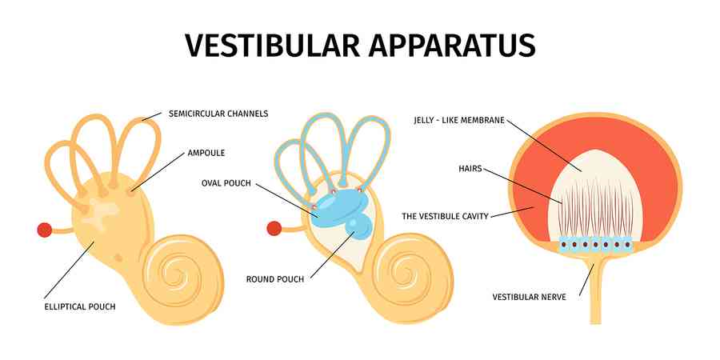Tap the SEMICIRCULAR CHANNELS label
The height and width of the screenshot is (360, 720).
point(218,114)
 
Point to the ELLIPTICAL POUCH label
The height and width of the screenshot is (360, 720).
point(79,306)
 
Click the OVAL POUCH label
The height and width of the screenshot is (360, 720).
point(226,183)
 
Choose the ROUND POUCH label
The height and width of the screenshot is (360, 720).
point(274,279)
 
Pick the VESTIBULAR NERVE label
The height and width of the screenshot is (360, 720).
point(529,297)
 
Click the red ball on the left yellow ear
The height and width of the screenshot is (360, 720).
point(45,230)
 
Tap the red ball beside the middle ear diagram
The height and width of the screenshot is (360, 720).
point(274,229)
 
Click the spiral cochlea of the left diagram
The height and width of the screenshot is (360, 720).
point(171,272)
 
